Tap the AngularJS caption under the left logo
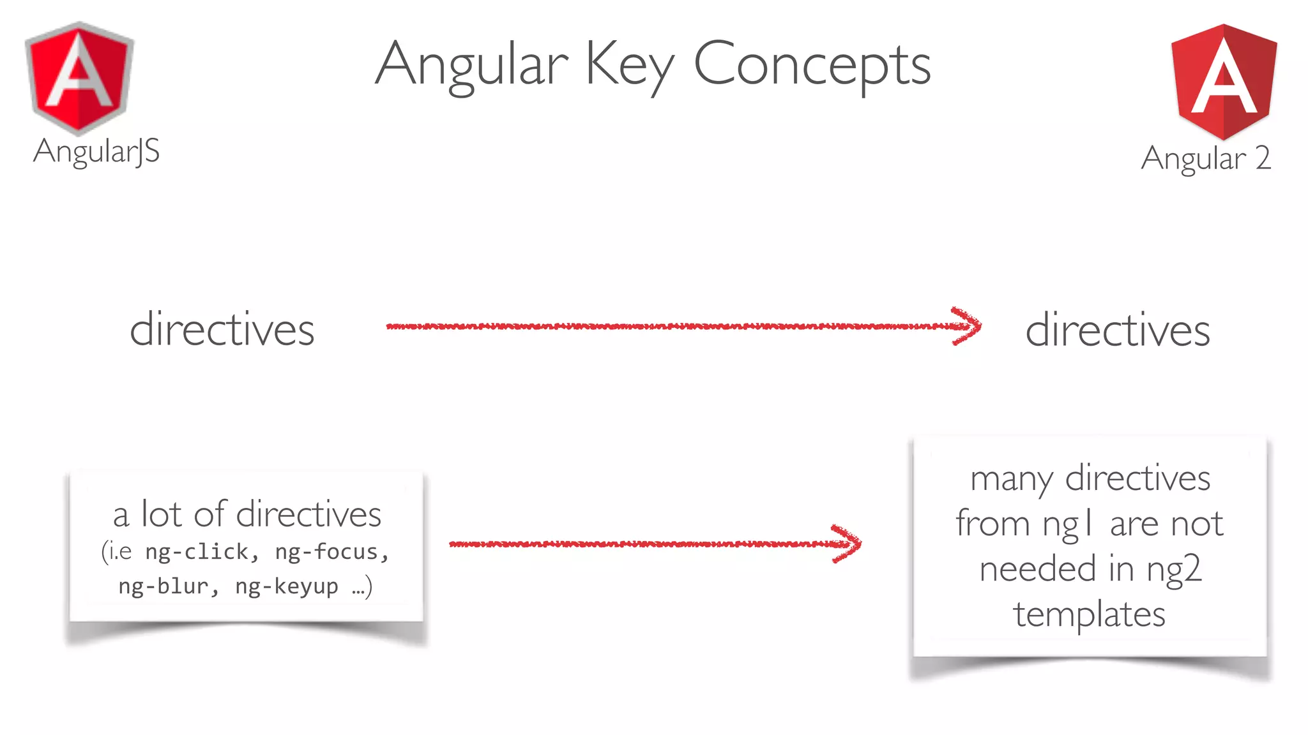96,152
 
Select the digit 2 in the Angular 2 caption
1262,158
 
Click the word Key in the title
629,64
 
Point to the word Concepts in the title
812,64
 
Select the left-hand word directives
222,330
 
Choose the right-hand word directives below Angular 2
1117,330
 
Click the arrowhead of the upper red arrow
968,326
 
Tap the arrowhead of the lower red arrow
848,544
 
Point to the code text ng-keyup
287,586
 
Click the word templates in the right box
1090,614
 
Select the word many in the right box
1012,479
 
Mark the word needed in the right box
1038,569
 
